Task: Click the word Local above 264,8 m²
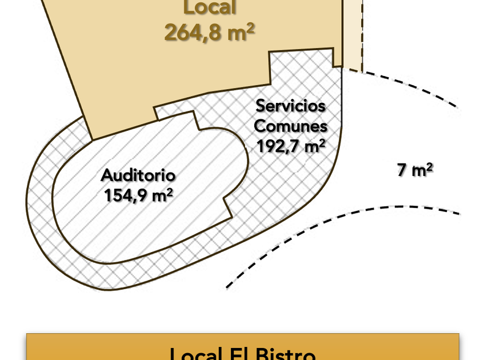209,8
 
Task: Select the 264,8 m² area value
209,33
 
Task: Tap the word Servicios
290,106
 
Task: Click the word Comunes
290,126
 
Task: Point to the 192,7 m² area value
290,146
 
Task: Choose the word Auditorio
138,175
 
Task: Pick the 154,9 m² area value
138,195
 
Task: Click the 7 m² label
415,170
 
